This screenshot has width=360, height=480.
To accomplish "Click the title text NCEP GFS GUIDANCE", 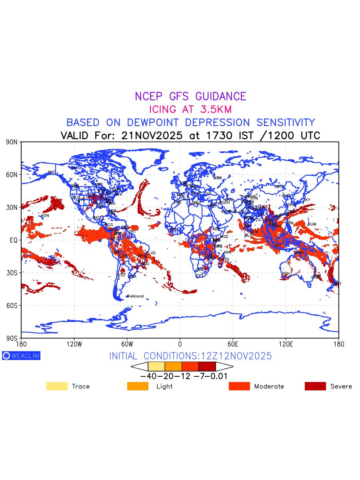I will pyautogui.click(x=190, y=96).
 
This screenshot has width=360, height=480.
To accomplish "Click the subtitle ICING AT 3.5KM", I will pyautogui.click(x=190, y=109).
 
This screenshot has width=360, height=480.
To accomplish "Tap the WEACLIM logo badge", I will pyautogui.click(x=21, y=356).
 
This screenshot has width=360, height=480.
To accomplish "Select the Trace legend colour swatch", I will pyautogui.click(x=57, y=386).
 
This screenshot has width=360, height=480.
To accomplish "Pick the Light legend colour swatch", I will pyautogui.click(x=138, y=386).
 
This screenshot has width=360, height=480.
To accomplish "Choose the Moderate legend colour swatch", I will pyautogui.click(x=239, y=386).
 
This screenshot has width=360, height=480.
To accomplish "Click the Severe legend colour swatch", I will pyautogui.click(x=315, y=386).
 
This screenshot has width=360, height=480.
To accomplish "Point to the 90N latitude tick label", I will pyautogui.click(x=12, y=142).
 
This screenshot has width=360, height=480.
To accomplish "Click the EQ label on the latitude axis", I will pyautogui.click(x=14, y=240).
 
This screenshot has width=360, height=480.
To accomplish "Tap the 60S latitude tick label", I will pyautogui.click(x=12, y=306).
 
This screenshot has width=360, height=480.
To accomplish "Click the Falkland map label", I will pyautogui.click(x=135, y=296).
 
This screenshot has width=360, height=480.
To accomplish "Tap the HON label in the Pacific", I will pyautogui.click(x=45, y=216).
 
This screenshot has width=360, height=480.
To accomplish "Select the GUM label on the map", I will pyautogui.click(x=312, y=224).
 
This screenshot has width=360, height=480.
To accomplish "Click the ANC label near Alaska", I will pyautogui.click(x=52, y=172).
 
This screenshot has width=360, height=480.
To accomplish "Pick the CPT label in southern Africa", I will pyautogui.click(x=200, y=276).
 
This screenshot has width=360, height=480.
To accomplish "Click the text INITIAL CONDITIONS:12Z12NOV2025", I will pyautogui.click(x=190, y=356).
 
